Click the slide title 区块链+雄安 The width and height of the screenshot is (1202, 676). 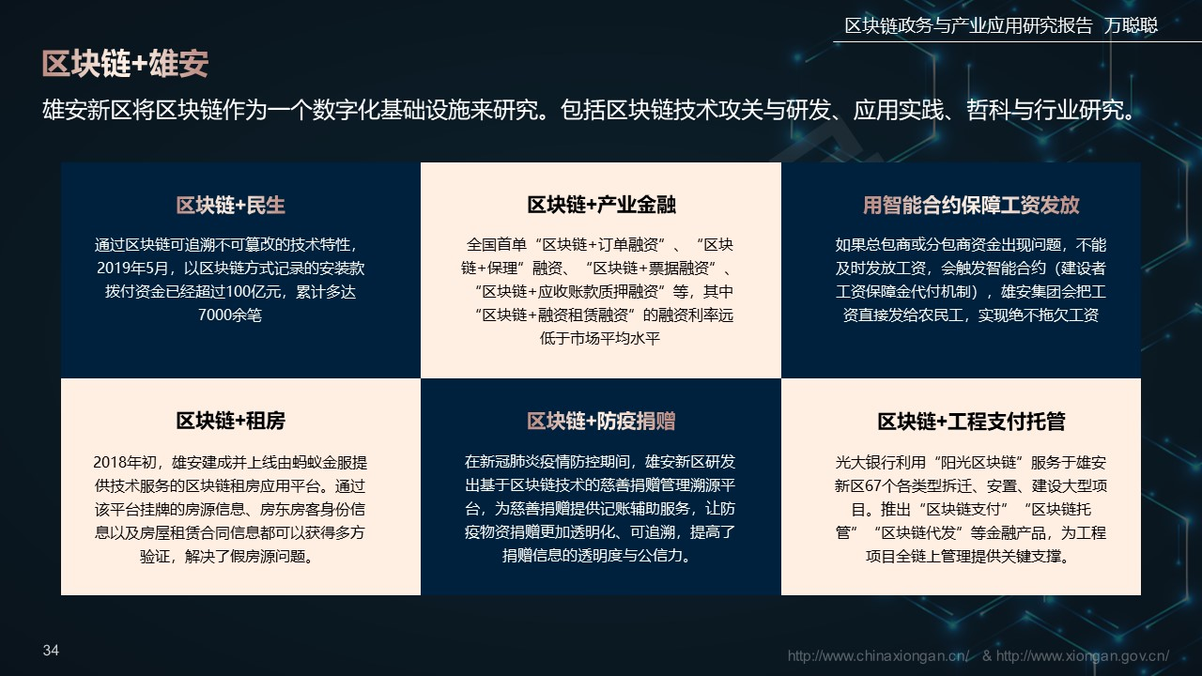pos(125,64)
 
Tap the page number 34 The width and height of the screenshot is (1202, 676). pos(51,651)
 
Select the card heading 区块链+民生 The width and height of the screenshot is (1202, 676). pos(230,205)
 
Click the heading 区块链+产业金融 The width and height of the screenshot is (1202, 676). pos(601,205)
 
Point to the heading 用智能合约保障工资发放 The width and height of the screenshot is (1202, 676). pos(971,205)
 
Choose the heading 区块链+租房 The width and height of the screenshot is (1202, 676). pos(230,422)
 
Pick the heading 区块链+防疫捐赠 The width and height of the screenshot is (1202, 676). pos(601,422)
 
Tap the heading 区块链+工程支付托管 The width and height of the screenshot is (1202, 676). pos(971,422)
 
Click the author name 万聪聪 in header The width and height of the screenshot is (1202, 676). pos(1131,25)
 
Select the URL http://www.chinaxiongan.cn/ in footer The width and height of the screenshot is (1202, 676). pos(878,655)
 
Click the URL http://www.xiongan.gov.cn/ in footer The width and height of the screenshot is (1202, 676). pos(1083,655)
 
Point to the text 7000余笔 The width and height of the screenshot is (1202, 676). pos(230,315)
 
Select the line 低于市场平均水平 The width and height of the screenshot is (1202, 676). pos(600,338)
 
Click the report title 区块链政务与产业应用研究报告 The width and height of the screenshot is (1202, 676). pos(968,25)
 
